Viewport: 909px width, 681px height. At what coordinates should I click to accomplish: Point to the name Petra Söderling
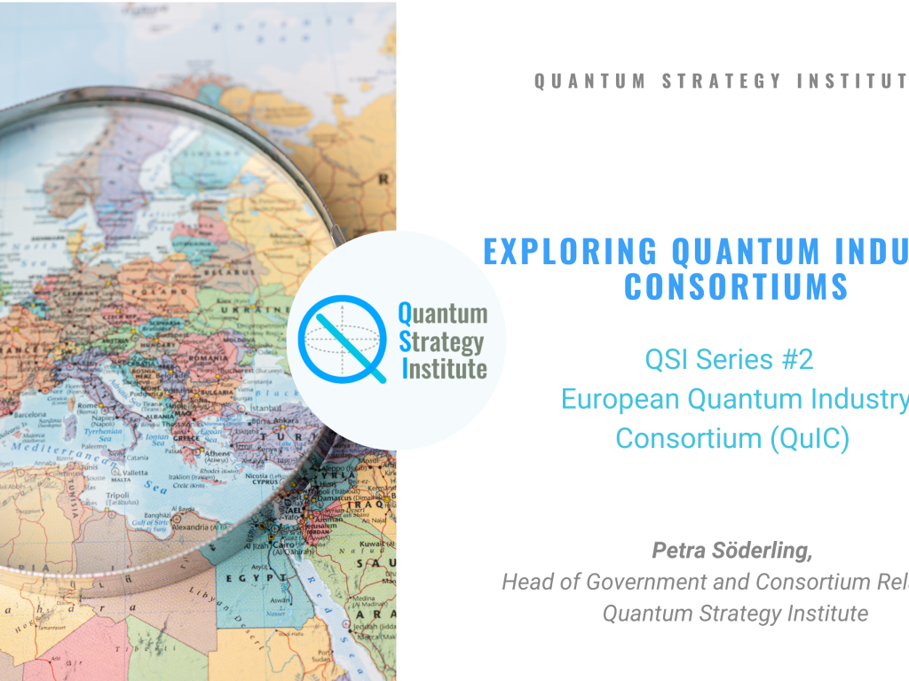point(732,551)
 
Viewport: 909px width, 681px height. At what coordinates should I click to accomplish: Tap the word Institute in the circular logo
point(444,368)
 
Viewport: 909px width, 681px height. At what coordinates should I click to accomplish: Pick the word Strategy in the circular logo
point(441,340)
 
